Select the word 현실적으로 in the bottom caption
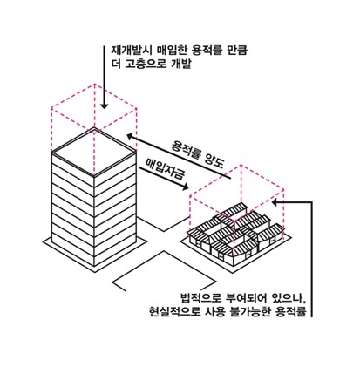point(173,311)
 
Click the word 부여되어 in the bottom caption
point(246,297)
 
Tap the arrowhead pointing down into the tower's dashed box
point(104,105)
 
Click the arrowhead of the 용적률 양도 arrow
point(130,136)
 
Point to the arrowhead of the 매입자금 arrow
point(185,187)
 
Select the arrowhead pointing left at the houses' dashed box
point(275,202)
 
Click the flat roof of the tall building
point(94,152)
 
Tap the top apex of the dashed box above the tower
point(94,85)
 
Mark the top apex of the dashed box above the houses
point(241,165)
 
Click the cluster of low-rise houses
point(234,233)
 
